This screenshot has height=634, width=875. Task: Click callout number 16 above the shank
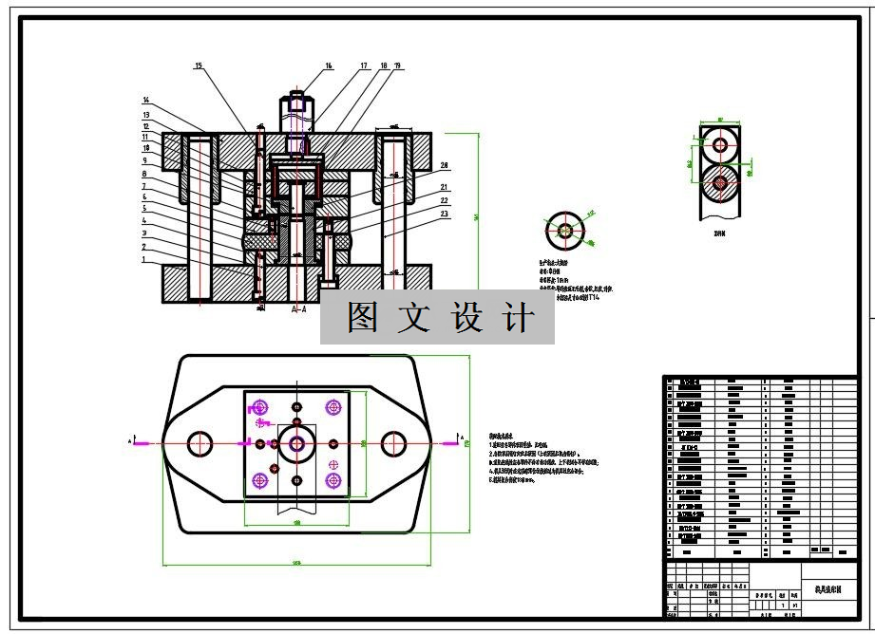pyautogui.click(x=329, y=66)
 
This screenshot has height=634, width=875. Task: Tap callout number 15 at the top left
pyautogui.click(x=199, y=66)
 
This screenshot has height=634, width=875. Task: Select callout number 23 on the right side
pyautogui.click(x=444, y=214)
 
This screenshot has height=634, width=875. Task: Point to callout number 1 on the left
pyautogui.click(x=144, y=259)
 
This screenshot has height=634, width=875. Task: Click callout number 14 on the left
pyautogui.click(x=146, y=100)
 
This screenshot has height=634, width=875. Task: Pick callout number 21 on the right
pyautogui.click(x=444, y=187)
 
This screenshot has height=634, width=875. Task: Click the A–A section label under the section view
pyautogui.click(x=298, y=309)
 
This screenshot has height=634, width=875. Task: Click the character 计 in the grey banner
pyautogui.click(x=518, y=318)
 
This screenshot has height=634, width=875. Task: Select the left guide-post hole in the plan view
pyautogui.click(x=200, y=443)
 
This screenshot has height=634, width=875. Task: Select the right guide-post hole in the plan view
pyautogui.click(x=393, y=443)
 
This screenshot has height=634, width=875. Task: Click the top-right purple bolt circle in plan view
pyautogui.click(x=333, y=407)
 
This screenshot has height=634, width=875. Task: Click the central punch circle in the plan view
pyautogui.click(x=297, y=443)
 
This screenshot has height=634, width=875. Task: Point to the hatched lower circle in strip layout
pyautogui.click(x=721, y=182)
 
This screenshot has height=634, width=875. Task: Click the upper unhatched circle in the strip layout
pyautogui.click(x=721, y=146)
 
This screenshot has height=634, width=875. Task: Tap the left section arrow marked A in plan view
pyautogui.click(x=138, y=442)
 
